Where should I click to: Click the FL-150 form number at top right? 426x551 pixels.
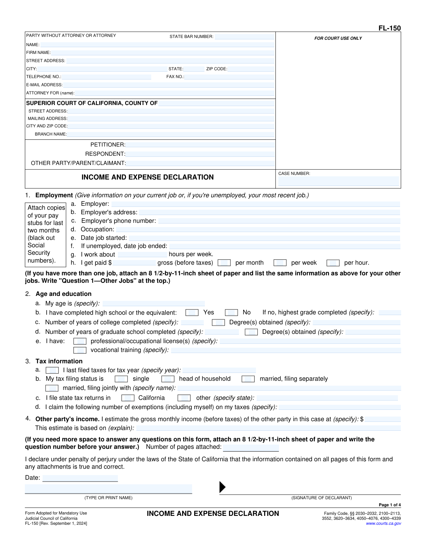(389, 28)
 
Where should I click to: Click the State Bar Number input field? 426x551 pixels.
(244, 37)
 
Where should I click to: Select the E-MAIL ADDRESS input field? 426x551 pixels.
(169, 85)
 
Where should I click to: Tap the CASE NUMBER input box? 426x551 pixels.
(338, 181)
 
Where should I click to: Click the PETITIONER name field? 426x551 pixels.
(200, 145)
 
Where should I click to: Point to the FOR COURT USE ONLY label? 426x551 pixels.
(338, 38)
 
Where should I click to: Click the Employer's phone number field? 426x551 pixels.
(279, 221)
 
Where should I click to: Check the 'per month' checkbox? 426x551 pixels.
(224, 263)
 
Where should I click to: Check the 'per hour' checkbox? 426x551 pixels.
(333, 263)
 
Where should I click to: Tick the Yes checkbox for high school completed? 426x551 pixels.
(192, 313)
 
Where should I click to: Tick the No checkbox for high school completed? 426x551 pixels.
(231, 313)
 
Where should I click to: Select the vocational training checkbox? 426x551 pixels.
(80, 350)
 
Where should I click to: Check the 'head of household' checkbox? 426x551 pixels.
(168, 379)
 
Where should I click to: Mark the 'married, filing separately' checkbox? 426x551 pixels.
(248, 379)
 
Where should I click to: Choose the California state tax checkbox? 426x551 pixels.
(128, 398)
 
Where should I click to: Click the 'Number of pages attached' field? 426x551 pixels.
(251, 447)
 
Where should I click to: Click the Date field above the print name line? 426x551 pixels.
(80, 478)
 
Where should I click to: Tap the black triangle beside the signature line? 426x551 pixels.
(222, 487)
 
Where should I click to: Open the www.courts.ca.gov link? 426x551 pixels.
(383, 523)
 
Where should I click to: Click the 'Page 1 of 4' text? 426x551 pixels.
(389, 505)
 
